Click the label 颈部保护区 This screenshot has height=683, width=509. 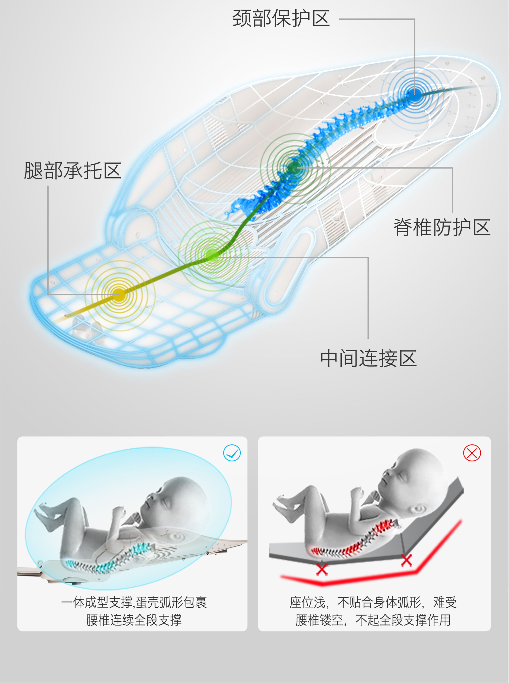point(281,18)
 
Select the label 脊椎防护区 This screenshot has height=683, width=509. point(441,227)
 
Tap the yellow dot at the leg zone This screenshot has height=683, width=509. point(119,295)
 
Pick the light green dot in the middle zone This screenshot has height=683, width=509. point(212,255)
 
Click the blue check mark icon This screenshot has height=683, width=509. point(232,453)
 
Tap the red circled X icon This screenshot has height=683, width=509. point(472,453)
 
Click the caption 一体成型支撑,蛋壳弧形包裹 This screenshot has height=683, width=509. point(134,602)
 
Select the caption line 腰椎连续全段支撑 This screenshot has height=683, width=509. point(134,620)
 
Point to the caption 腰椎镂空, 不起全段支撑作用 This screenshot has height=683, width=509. point(373,620)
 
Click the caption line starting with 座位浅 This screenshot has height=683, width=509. point(373,602)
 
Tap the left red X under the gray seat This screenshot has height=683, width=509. point(322,569)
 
